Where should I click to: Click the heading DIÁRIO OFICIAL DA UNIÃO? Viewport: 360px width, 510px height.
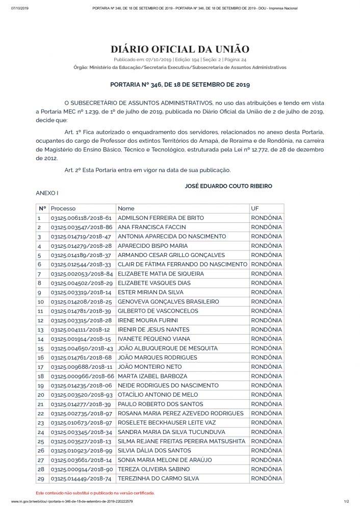[180, 49]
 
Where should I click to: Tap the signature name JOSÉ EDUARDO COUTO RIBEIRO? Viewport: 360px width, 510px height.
[228, 186]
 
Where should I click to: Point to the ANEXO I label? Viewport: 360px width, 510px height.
[47, 194]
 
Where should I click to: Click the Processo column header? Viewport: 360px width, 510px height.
[63, 209]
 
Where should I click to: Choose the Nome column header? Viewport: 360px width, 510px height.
[126, 209]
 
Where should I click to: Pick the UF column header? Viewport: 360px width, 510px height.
[255, 209]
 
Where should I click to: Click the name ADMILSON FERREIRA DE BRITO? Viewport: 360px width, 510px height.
[161, 218]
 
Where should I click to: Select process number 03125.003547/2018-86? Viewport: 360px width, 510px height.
[81, 227]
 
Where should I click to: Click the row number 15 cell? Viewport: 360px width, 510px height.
[41, 348]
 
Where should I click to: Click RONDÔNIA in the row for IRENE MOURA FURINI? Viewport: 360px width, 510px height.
[266, 320]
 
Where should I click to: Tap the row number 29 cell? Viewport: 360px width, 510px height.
[41, 479]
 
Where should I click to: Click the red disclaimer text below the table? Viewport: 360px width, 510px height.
[95, 493]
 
